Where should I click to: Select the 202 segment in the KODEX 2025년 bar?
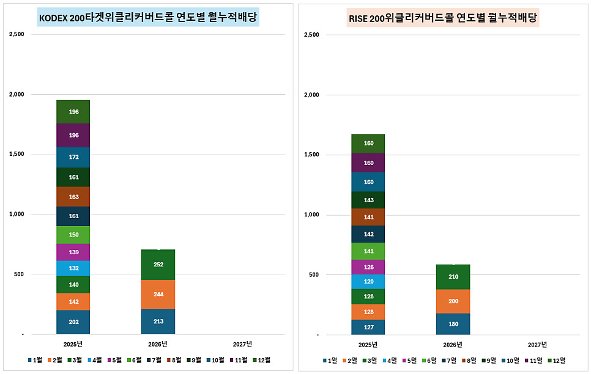73,322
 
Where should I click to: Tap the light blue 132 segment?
73,268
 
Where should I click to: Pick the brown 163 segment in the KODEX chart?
73,197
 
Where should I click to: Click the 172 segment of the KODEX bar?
73,157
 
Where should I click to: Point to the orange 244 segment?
158,294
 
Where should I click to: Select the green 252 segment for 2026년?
158,265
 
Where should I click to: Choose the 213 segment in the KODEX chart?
158,321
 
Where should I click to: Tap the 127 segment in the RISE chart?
368,327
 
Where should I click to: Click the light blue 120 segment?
368,282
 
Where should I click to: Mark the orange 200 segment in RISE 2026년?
453,301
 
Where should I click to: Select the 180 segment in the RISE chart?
453,324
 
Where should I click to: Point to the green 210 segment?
453,277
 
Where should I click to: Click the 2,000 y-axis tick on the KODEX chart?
16,95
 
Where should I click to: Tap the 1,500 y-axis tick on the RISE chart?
311,155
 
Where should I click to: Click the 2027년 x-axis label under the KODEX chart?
242,344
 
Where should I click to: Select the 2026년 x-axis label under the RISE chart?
453,345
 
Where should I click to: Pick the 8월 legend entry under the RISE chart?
469,361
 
